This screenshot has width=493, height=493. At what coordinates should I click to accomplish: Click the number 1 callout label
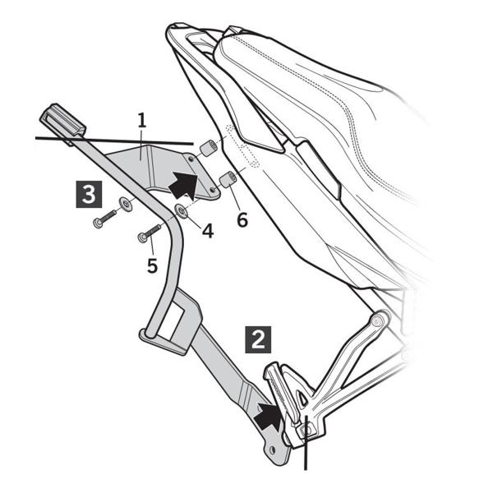coord(141,121)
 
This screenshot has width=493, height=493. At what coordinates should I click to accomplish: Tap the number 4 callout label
coord(208,231)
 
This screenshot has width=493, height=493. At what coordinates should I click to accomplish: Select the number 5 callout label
coord(152,265)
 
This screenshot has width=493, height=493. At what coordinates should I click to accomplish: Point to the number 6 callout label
coord(241,219)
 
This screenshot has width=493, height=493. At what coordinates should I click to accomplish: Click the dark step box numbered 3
coord(88,195)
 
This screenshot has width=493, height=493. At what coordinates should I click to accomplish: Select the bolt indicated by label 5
coord(150,235)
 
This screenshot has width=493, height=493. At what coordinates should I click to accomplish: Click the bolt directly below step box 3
coord(102,220)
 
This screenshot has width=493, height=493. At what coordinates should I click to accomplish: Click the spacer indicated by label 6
coord(228,180)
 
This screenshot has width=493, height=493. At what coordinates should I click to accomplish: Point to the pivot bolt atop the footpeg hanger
coord(380,319)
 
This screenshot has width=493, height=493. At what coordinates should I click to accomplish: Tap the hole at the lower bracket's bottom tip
coord(272,454)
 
